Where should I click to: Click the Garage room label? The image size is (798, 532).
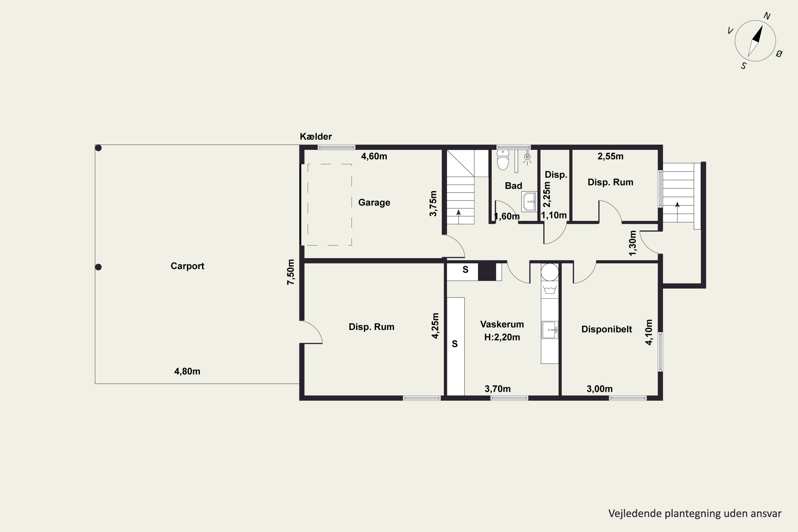tap(374, 202)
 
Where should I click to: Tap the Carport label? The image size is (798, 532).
tap(187, 266)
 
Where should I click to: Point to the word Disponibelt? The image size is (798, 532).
tap(607, 330)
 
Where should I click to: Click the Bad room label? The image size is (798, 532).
tap(513, 186)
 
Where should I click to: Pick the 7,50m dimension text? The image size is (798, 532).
tap(291, 272)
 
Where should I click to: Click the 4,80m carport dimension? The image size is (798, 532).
tap(187, 372)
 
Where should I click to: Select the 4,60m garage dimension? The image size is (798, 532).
tap(374, 156)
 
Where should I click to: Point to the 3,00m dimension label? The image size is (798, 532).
tap(600, 389)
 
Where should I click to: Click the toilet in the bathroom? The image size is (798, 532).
tap(503, 159)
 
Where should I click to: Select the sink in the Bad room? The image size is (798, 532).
tap(529, 202)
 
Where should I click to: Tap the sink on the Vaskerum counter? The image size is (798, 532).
tap(550, 330)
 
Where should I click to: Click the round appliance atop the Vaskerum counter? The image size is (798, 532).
tap(550, 272)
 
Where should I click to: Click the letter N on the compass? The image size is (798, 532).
tap(767, 16)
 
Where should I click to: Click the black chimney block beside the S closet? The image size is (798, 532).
tap(487, 272)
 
